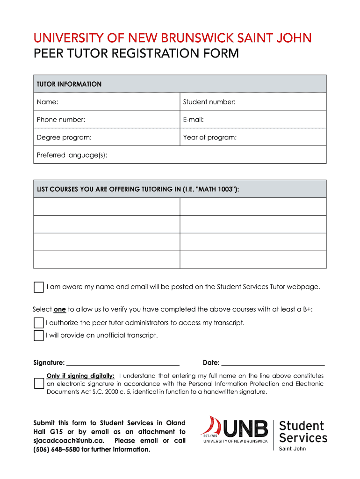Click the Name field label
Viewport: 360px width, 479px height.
coord(48,102)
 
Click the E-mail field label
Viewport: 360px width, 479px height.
coord(194,120)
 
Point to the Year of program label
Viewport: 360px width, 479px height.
coord(210,138)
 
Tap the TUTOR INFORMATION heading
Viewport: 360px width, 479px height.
coord(69,84)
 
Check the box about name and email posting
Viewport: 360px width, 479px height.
coord(39,287)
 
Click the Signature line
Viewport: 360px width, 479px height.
coord(123,363)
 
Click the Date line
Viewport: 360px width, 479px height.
coord(273,363)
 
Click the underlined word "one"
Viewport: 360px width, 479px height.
coord(60,309)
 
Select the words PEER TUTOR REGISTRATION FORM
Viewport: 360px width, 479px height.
coord(136,54)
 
